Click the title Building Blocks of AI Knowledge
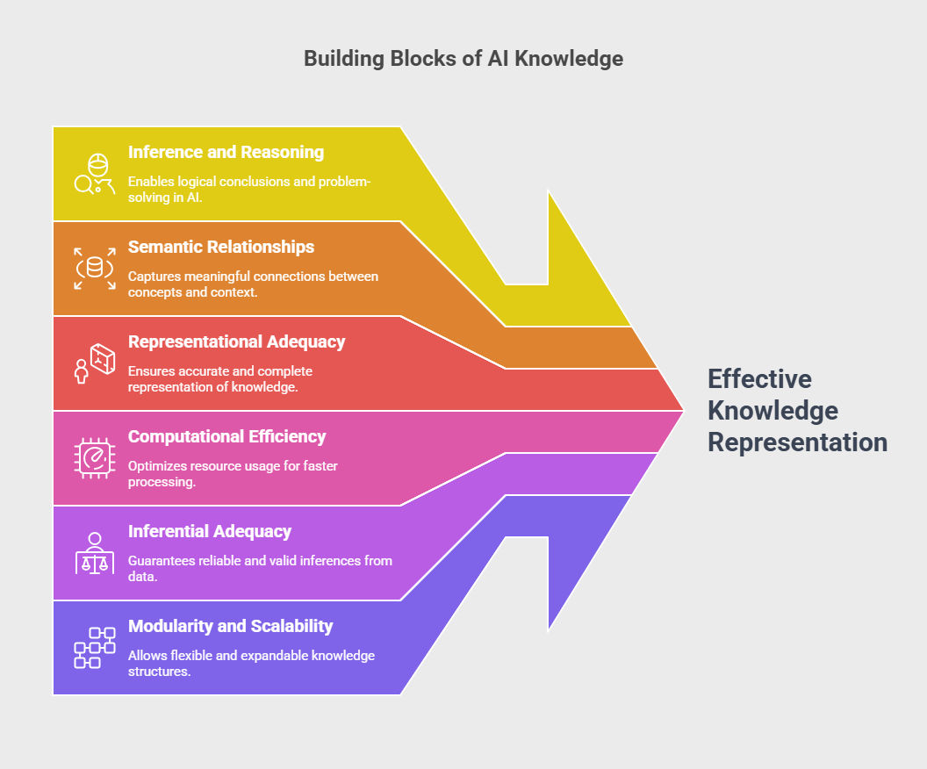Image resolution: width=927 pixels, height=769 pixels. (463, 59)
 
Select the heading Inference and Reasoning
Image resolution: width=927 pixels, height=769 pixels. (226, 152)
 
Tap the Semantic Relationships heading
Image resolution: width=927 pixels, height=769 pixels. (221, 247)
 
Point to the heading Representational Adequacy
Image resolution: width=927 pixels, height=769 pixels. (236, 341)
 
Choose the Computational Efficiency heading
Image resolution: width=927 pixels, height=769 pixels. (227, 436)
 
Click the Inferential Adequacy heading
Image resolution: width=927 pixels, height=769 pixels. (210, 531)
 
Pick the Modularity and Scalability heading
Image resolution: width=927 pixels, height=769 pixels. (231, 626)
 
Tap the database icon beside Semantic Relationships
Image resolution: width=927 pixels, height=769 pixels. (95, 269)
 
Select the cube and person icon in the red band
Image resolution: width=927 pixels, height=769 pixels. (95, 363)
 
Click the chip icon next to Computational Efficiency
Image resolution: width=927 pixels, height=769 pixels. (95, 458)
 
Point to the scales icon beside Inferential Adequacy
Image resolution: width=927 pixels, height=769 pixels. (95, 553)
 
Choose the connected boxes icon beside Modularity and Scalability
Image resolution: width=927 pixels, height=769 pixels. (95, 648)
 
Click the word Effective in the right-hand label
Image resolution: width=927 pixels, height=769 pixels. (759, 379)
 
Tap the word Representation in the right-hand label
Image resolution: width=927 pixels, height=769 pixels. (798, 442)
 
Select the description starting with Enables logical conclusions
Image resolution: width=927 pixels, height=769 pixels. (249, 189)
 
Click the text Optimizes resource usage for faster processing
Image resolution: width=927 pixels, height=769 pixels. (233, 473)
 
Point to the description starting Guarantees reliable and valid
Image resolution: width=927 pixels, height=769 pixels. (260, 568)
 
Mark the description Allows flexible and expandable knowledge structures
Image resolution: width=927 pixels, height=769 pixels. (251, 663)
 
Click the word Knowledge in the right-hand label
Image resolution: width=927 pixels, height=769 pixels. (772, 411)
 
